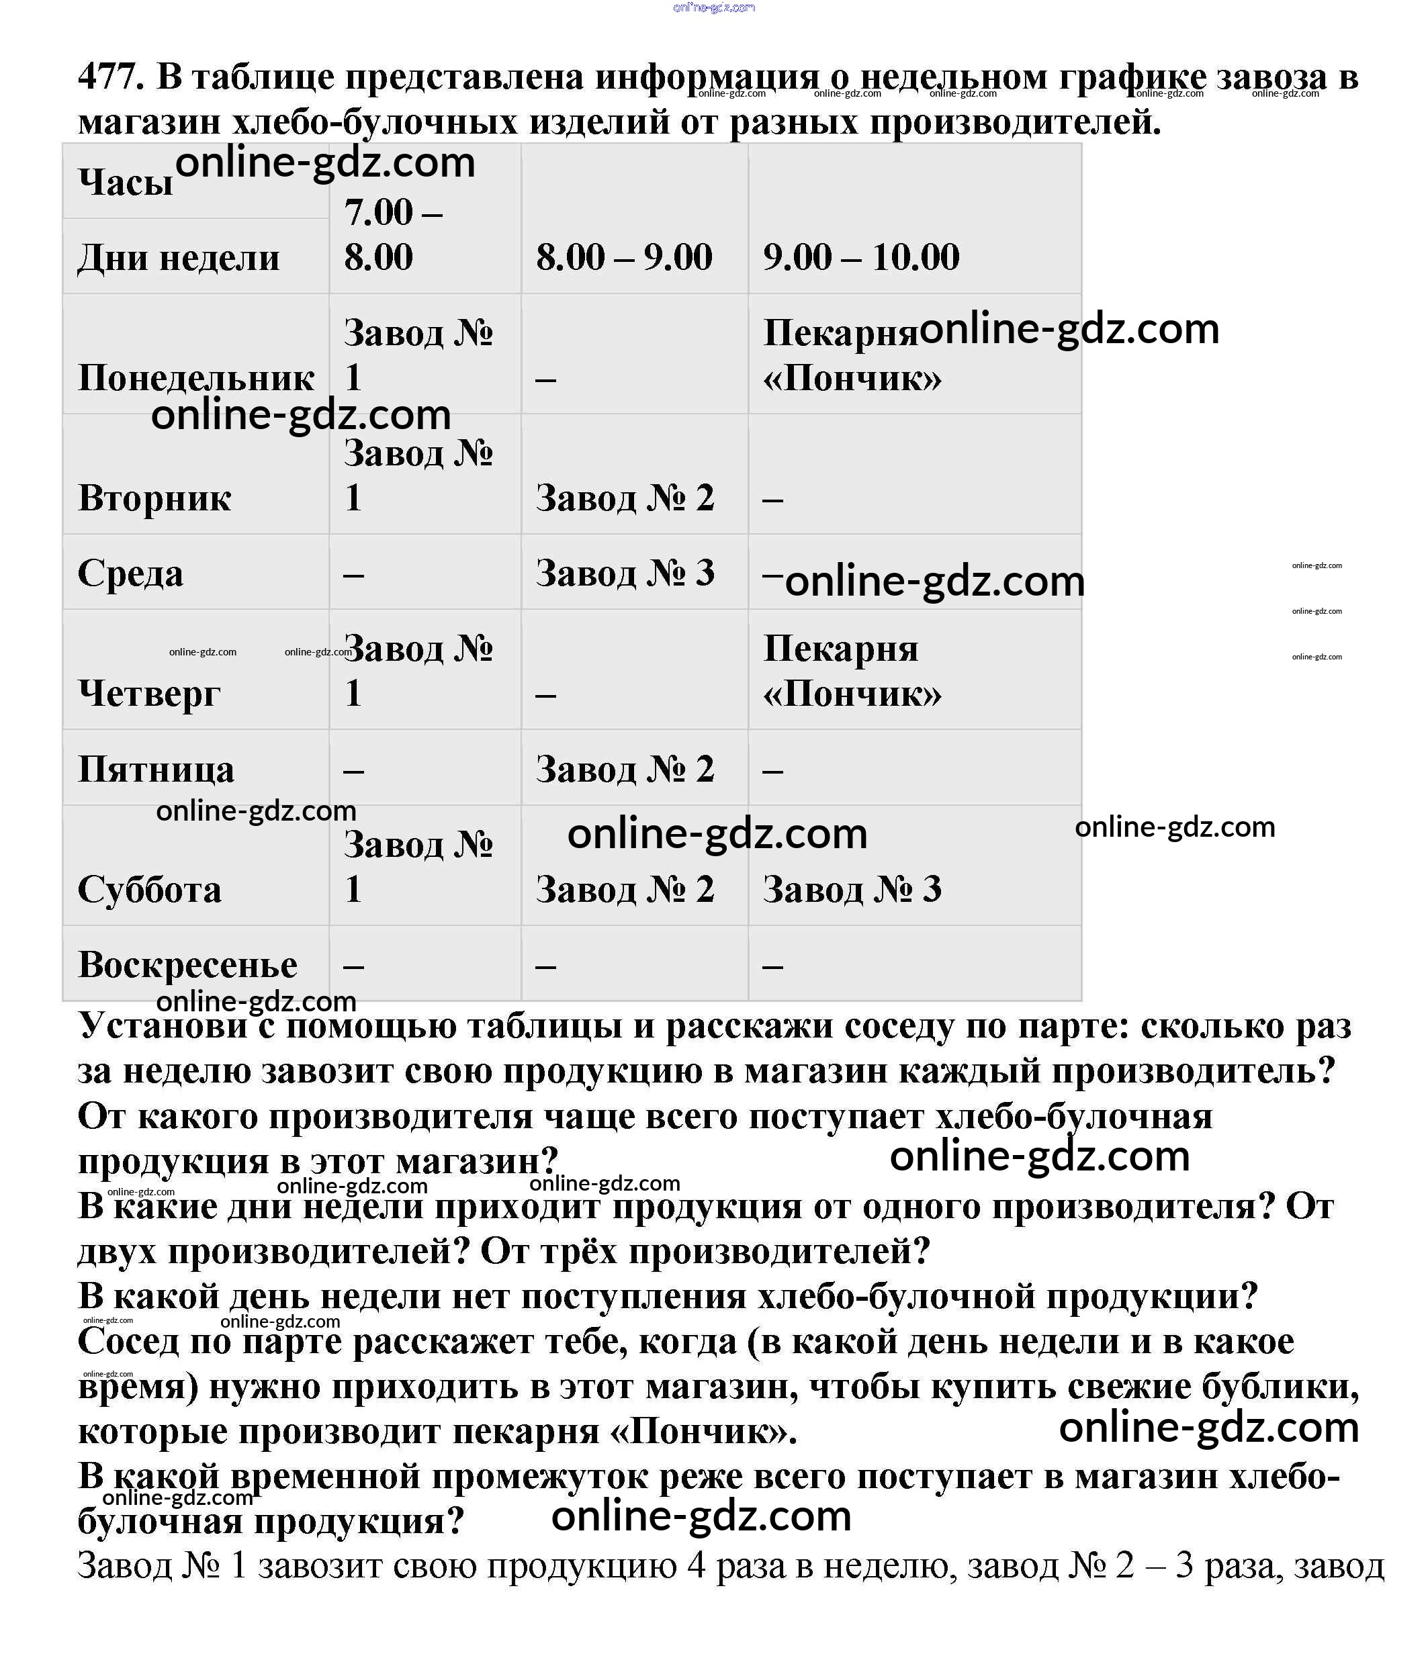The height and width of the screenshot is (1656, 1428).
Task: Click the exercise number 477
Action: (110, 77)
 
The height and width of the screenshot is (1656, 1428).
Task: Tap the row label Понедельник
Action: (196, 378)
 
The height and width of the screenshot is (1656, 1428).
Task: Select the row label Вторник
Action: (154, 498)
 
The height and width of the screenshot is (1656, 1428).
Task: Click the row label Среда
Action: (130, 573)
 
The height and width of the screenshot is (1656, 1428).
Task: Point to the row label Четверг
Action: (148, 693)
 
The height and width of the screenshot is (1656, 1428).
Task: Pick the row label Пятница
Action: (156, 769)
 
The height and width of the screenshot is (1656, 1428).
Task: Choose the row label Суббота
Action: (150, 888)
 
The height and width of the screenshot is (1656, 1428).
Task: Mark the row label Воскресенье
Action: (187, 965)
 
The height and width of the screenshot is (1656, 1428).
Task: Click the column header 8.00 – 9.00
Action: (623, 257)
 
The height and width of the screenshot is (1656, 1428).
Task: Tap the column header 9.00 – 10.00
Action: (860, 257)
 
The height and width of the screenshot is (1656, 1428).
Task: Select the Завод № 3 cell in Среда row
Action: (625, 573)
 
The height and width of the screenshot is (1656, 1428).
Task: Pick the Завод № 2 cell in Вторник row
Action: (625, 498)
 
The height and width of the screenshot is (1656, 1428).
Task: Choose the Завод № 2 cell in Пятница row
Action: (625, 769)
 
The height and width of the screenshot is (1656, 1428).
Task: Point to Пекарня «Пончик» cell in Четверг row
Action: (852, 672)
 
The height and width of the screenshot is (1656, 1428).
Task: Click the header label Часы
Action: (126, 182)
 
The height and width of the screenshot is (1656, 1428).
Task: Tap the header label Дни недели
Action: (178, 257)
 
